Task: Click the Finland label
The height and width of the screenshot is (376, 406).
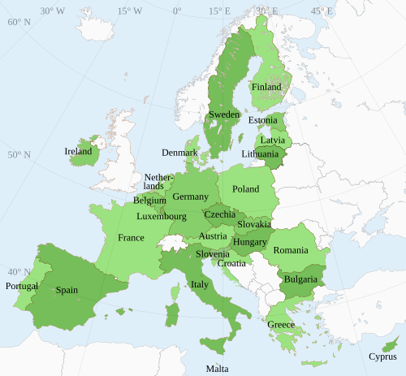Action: pyautogui.click(x=266, y=87)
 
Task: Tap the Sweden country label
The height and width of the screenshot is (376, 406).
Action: pyautogui.click(x=224, y=115)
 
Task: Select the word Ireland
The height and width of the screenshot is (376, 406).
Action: pyautogui.click(x=79, y=151)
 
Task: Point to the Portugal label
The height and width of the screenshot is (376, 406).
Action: pyautogui.click(x=21, y=286)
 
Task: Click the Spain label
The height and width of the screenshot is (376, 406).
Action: pyautogui.click(x=67, y=289)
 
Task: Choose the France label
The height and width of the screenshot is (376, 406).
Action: pyautogui.click(x=131, y=238)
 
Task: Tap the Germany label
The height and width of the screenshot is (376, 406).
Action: pyautogui.click(x=191, y=197)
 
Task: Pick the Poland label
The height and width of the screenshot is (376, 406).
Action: pyautogui.click(x=245, y=189)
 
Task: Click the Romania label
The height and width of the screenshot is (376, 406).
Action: pyautogui.click(x=291, y=250)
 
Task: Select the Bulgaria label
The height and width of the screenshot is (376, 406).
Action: pyautogui.click(x=300, y=279)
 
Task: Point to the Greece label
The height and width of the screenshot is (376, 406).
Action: pyautogui.click(x=281, y=325)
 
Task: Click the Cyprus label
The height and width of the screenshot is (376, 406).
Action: pyautogui.click(x=382, y=356)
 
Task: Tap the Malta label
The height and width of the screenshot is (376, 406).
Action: pyautogui.click(x=217, y=368)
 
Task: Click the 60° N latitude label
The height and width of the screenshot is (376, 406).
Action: pyautogui.click(x=19, y=22)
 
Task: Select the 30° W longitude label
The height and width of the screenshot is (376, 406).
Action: pyautogui.click(x=52, y=11)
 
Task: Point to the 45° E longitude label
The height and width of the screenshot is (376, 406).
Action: pyautogui.click(x=322, y=11)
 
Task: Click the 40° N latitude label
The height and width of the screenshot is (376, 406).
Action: pyautogui.click(x=19, y=272)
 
